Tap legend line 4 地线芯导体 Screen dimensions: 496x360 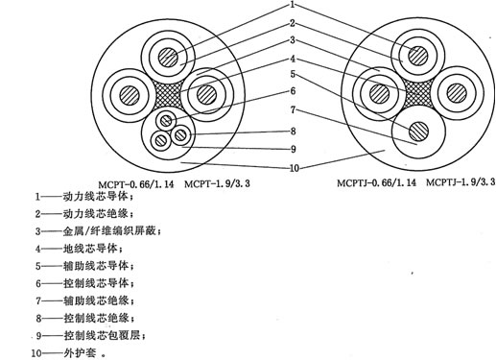(82, 249)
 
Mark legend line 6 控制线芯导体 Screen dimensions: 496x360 (87, 283)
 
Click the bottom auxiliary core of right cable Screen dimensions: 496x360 (418, 131)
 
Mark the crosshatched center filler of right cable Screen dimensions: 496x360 (418, 93)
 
